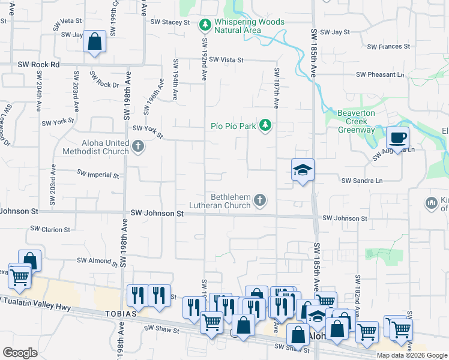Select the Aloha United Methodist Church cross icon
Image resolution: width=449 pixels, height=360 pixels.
point(138,146)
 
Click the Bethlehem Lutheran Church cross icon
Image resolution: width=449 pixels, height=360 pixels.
point(260,200)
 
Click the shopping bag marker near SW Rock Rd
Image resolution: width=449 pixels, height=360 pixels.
point(95,42)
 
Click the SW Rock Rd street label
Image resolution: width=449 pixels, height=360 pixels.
point(39,64)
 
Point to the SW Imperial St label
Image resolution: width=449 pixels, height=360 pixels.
point(98,174)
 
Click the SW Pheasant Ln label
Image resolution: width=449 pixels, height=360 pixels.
point(380,75)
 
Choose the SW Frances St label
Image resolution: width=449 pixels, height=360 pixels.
point(388,46)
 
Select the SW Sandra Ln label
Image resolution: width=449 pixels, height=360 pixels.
point(362,180)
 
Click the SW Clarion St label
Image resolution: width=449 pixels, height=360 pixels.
point(51,229)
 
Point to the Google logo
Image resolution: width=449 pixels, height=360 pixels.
point(20,353)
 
